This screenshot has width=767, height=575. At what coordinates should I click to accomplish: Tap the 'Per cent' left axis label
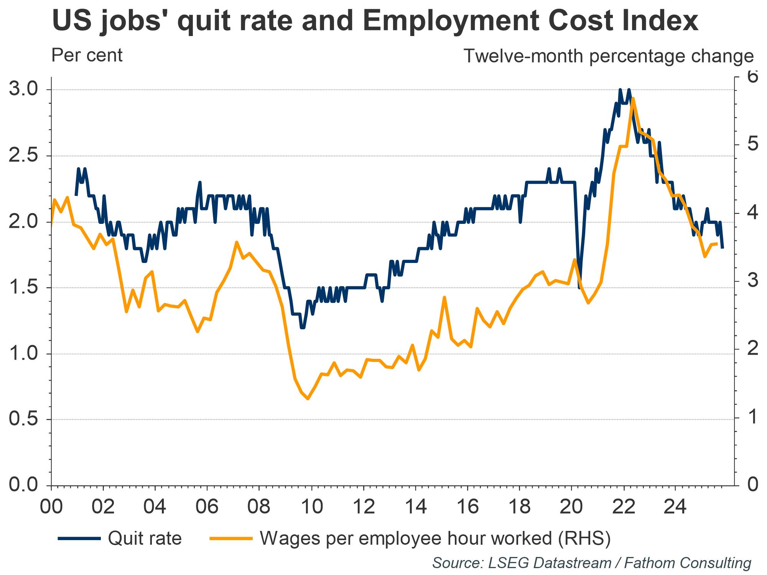(x=87, y=56)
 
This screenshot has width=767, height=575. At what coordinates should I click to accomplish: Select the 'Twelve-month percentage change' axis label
(x=609, y=56)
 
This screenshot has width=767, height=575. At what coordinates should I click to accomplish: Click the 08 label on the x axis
(x=259, y=507)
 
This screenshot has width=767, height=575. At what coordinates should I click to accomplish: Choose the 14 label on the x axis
(x=415, y=507)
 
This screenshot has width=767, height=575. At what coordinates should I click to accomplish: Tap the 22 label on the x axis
(x=624, y=507)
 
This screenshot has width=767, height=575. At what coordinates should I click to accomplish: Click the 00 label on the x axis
(x=51, y=507)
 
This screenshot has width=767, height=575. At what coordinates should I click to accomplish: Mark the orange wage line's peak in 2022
(x=633, y=99)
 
